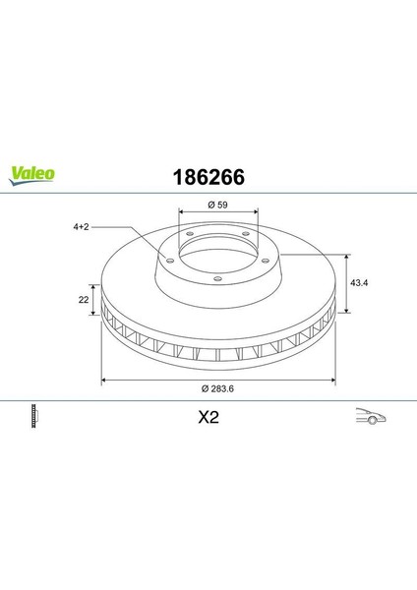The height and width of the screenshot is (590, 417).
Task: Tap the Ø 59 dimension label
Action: pyautogui.click(x=217, y=205)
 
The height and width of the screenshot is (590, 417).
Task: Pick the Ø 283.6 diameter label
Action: pyautogui.click(x=218, y=388)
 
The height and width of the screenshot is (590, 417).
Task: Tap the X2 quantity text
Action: pyautogui.click(x=208, y=416)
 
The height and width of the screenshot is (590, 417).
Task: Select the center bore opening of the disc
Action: pyautogui.click(x=217, y=257)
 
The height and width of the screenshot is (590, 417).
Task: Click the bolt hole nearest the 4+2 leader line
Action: pyautogui.click(x=169, y=261)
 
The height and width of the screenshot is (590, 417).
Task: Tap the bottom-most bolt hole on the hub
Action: pyautogui.click(x=217, y=278)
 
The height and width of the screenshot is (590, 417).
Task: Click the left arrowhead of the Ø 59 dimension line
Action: pyautogui.click(x=180, y=212)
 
